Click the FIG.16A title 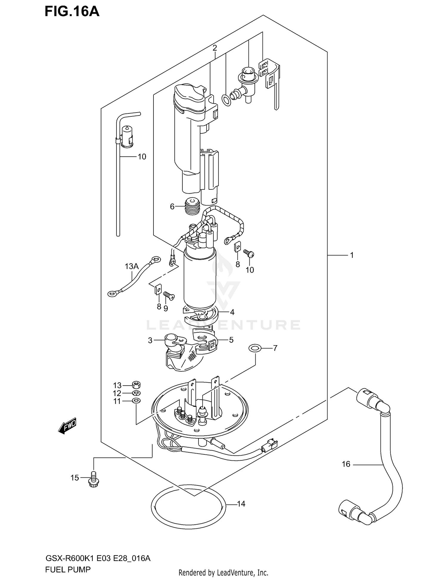72,12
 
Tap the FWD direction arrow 68,425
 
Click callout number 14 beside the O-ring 241,504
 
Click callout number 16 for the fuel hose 346,464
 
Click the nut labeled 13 136,385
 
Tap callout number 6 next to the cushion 172,206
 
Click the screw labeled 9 169,296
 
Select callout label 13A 131,266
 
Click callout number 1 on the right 352,255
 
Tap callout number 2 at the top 215,48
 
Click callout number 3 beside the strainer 150,340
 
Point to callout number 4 232,312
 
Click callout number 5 231,340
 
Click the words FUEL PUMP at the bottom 68,569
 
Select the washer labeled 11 136,401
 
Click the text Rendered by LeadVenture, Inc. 223,572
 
